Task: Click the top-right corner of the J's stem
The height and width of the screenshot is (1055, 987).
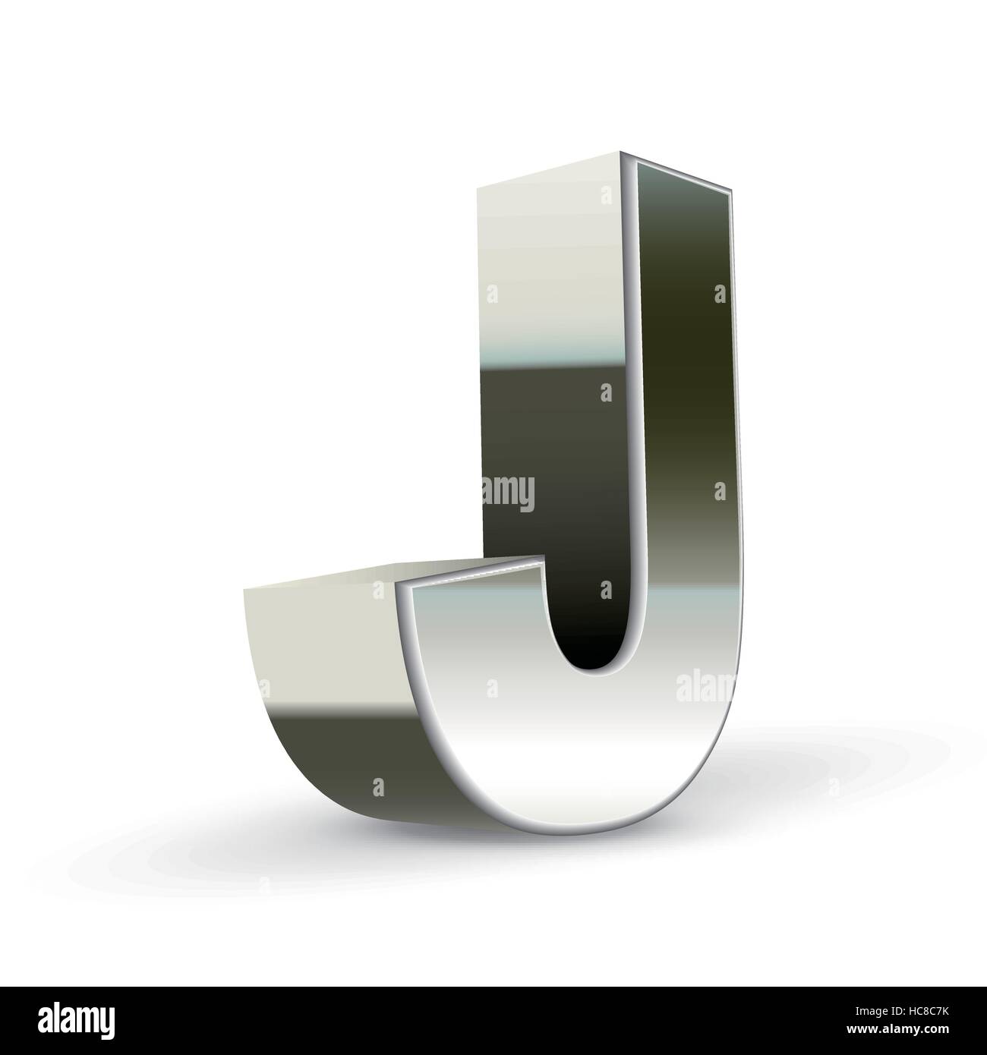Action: tap(733, 194)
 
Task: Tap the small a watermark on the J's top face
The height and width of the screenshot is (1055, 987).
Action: tap(606, 197)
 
